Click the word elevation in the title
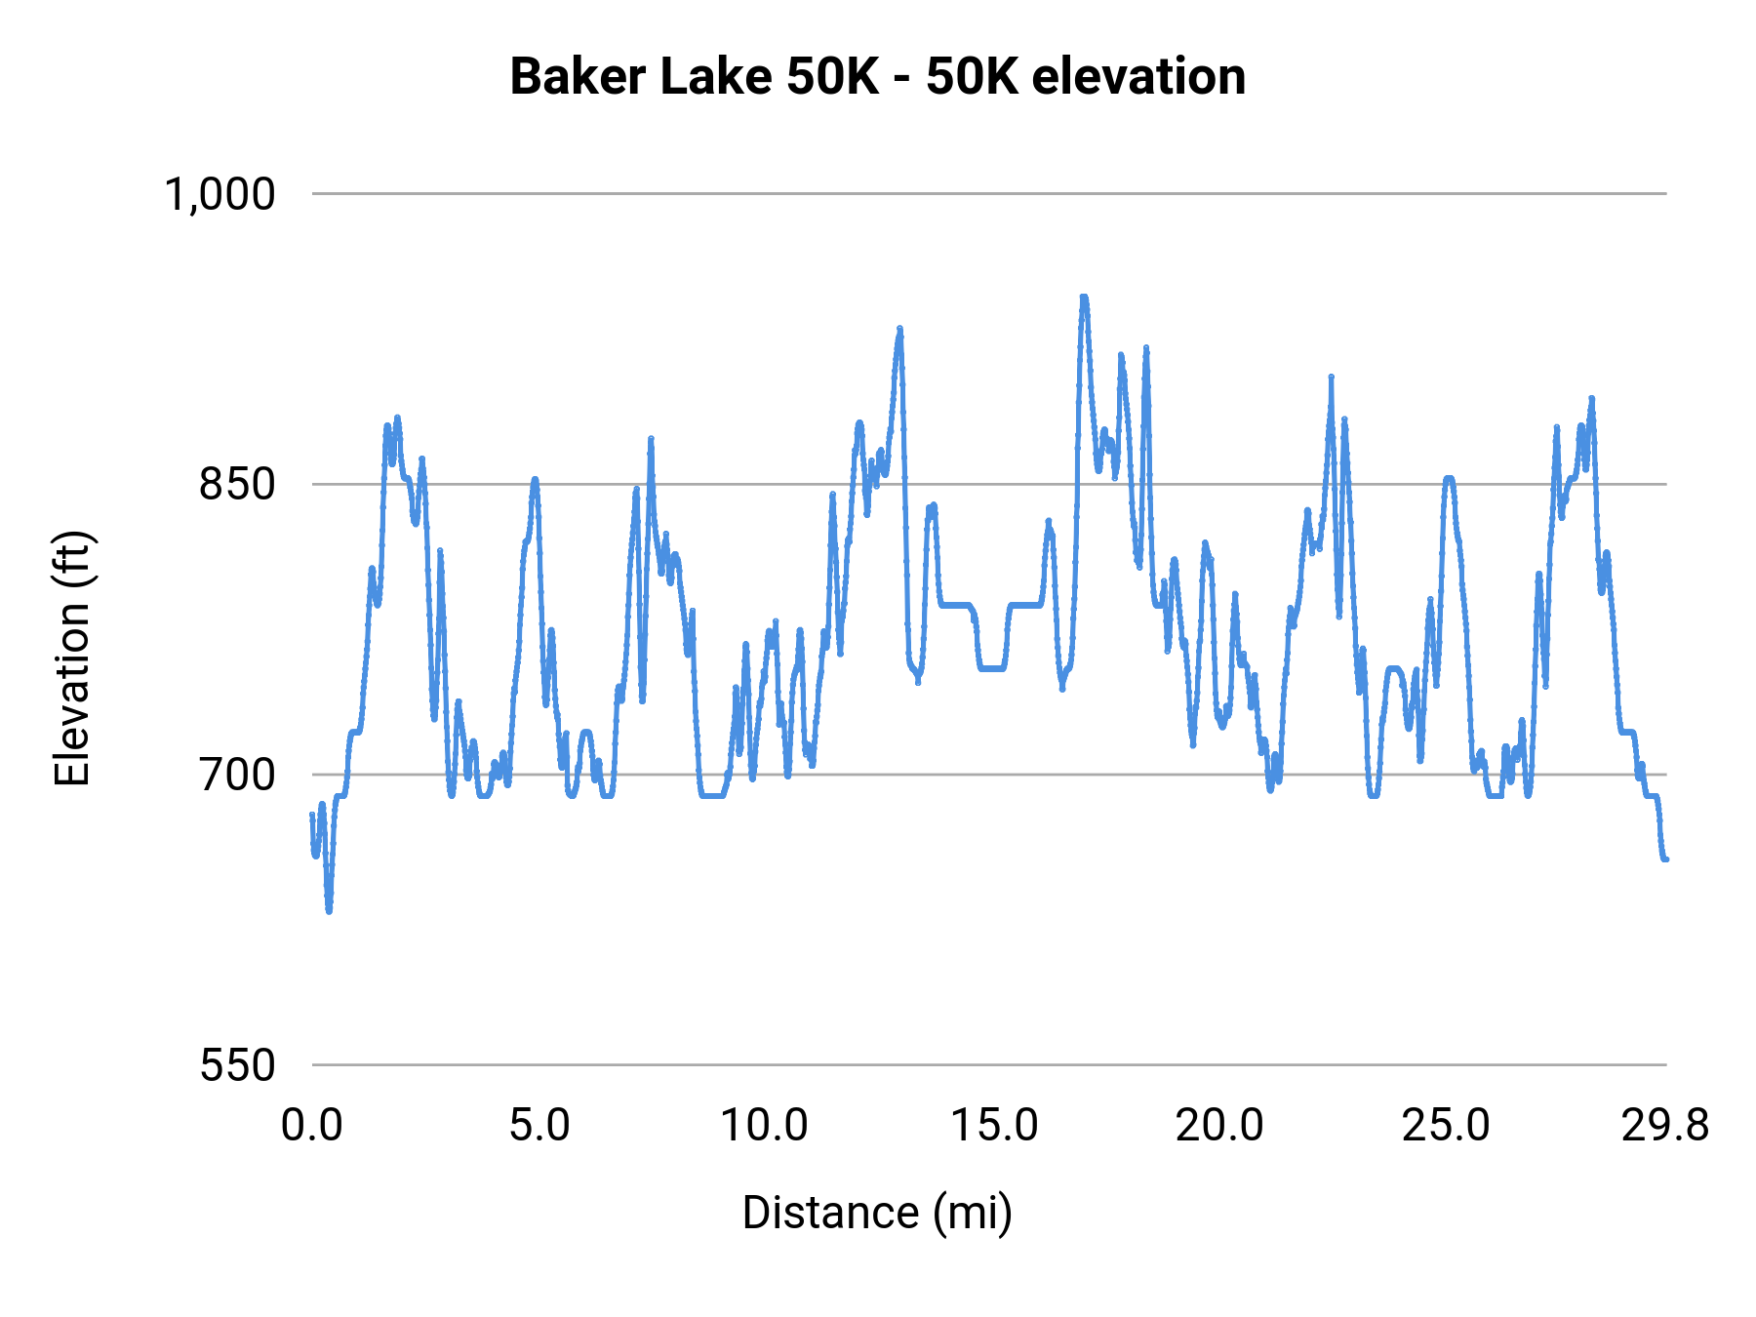(x=1137, y=77)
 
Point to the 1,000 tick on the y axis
(x=220, y=194)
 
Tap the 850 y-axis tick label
(x=237, y=484)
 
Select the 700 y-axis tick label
(x=237, y=775)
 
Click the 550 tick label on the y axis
(x=237, y=1065)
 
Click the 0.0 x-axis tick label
(x=312, y=1126)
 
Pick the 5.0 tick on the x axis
(x=539, y=1126)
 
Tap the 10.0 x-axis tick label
(x=765, y=1126)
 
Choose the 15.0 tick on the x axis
(x=994, y=1126)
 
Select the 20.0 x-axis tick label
(x=1219, y=1126)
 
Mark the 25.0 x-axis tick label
(x=1446, y=1126)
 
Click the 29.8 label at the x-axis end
(x=1665, y=1126)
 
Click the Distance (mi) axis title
(x=877, y=1213)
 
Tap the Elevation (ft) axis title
(x=72, y=659)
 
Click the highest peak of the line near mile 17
(x=1083, y=298)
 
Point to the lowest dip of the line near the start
(x=329, y=910)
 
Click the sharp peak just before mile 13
(x=899, y=330)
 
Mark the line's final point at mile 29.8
(x=1665, y=859)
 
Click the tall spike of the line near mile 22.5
(x=1331, y=378)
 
